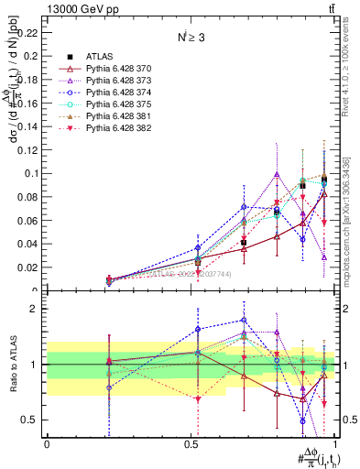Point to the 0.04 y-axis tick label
point(29,244)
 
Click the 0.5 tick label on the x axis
point(191,442)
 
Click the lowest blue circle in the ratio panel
point(302,420)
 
